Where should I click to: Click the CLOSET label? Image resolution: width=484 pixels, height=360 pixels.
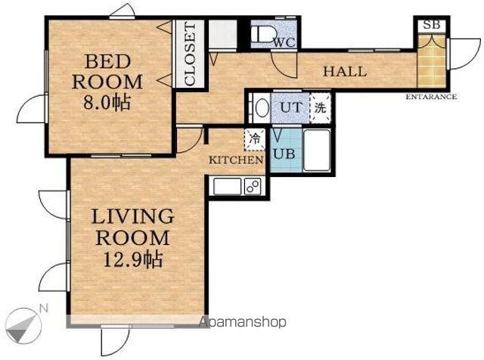click(x=190, y=54)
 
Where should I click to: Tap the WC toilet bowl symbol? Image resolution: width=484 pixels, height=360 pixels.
click(x=262, y=34)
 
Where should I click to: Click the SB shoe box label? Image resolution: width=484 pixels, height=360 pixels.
click(x=431, y=25)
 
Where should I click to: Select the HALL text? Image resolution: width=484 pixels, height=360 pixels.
click(x=345, y=72)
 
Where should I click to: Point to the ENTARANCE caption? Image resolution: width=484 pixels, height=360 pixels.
click(x=431, y=97)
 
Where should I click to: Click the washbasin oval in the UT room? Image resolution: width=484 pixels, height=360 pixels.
click(x=262, y=107)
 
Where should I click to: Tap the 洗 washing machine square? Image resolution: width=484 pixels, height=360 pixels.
click(x=320, y=107)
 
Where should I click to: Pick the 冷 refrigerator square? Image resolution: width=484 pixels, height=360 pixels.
click(x=255, y=139)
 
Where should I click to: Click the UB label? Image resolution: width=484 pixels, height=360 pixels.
click(x=284, y=154)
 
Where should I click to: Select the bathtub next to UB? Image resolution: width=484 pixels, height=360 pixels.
click(x=317, y=151)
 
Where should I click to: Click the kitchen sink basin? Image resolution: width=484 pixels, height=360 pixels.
click(x=227, y=187)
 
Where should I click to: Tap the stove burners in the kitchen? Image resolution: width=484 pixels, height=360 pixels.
click(x=253, y=187)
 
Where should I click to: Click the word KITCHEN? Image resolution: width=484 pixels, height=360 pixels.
click(x=236, y=160)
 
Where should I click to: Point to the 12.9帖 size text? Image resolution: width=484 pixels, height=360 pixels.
click(x=133, y=259)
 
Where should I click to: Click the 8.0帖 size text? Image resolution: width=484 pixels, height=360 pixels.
click(x=107, y=103)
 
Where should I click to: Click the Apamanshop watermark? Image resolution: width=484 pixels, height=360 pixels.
click(x=242, y=322)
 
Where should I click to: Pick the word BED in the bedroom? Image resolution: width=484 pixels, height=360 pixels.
click(x=107, y=61)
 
